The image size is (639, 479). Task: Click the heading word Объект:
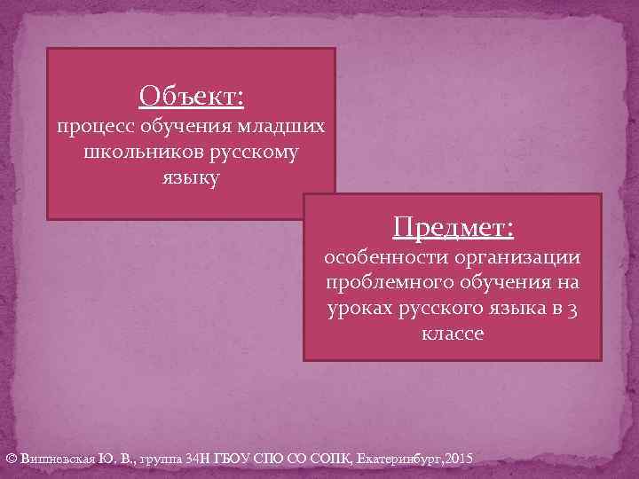point(192,94)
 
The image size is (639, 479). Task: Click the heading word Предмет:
point(453,228)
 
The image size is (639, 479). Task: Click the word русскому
point(253,153)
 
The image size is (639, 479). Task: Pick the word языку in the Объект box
point(191,178)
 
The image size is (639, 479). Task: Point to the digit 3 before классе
point(574,308)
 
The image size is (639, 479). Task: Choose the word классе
point(453,334)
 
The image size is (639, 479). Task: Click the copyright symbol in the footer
point(11,459)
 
